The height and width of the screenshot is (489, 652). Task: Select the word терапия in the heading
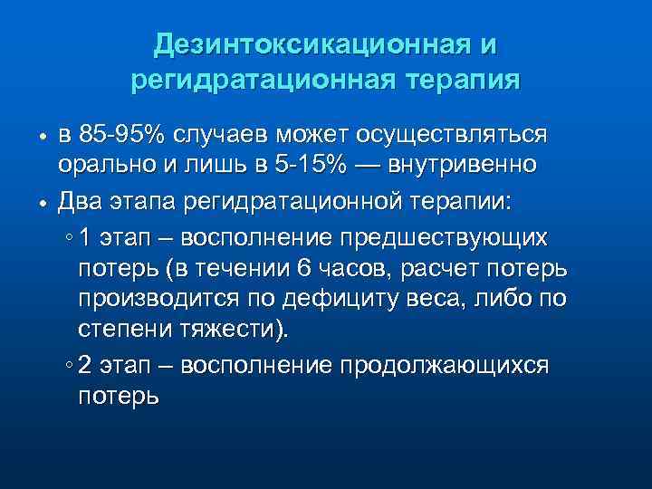point(461,81)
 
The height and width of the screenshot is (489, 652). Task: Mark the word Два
point(80,200)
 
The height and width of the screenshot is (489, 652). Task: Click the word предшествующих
point(443,238)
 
